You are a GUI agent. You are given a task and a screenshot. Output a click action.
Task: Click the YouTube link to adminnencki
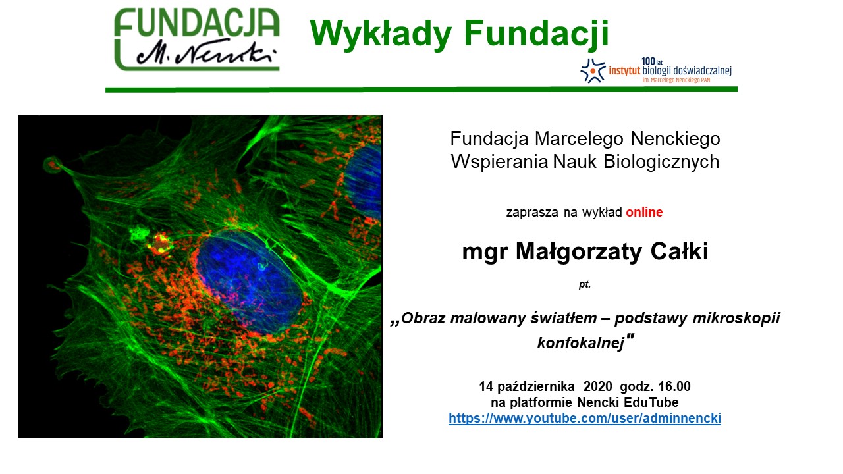point(584,419)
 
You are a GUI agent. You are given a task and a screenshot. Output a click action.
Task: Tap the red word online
point(644,212)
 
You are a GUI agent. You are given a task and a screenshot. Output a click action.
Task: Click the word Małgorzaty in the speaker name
point(578,252)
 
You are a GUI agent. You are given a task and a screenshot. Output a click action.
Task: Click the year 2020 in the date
point(598,386)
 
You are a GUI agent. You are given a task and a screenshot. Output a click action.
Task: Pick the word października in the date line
point(536,386)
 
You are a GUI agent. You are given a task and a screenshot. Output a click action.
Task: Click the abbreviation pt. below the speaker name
point(585,284)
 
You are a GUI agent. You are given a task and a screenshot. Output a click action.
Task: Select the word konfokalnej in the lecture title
point(580,343)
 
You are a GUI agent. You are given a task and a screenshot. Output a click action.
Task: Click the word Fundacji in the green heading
point(537,33)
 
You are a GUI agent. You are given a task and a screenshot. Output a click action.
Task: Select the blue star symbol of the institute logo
point(593,70)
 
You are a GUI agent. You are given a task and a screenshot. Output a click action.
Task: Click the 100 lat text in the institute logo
point(652,61)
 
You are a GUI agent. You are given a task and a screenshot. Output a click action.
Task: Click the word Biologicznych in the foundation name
point(661,162)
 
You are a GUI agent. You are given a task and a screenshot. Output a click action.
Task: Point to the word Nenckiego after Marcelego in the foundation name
point(675,138)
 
